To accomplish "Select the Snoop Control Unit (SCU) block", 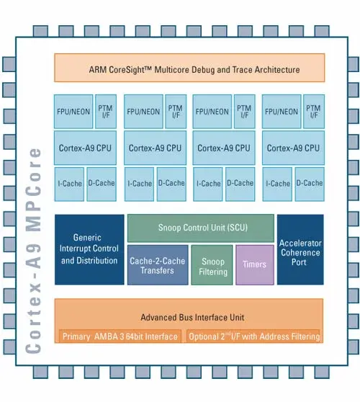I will click(200, 227).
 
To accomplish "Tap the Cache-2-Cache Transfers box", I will click(158, 264).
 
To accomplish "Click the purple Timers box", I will click(254, 264).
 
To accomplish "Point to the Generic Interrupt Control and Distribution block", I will click(89, 249).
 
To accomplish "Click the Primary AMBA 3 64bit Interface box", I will click(120, 336).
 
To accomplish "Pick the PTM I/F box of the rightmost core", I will click(313, 111).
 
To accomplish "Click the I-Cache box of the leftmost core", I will click(70, 184).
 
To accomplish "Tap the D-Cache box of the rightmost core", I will click(310, 184).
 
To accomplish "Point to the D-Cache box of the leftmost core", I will click(103, 184).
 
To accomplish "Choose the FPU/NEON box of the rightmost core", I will click(282, 111).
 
